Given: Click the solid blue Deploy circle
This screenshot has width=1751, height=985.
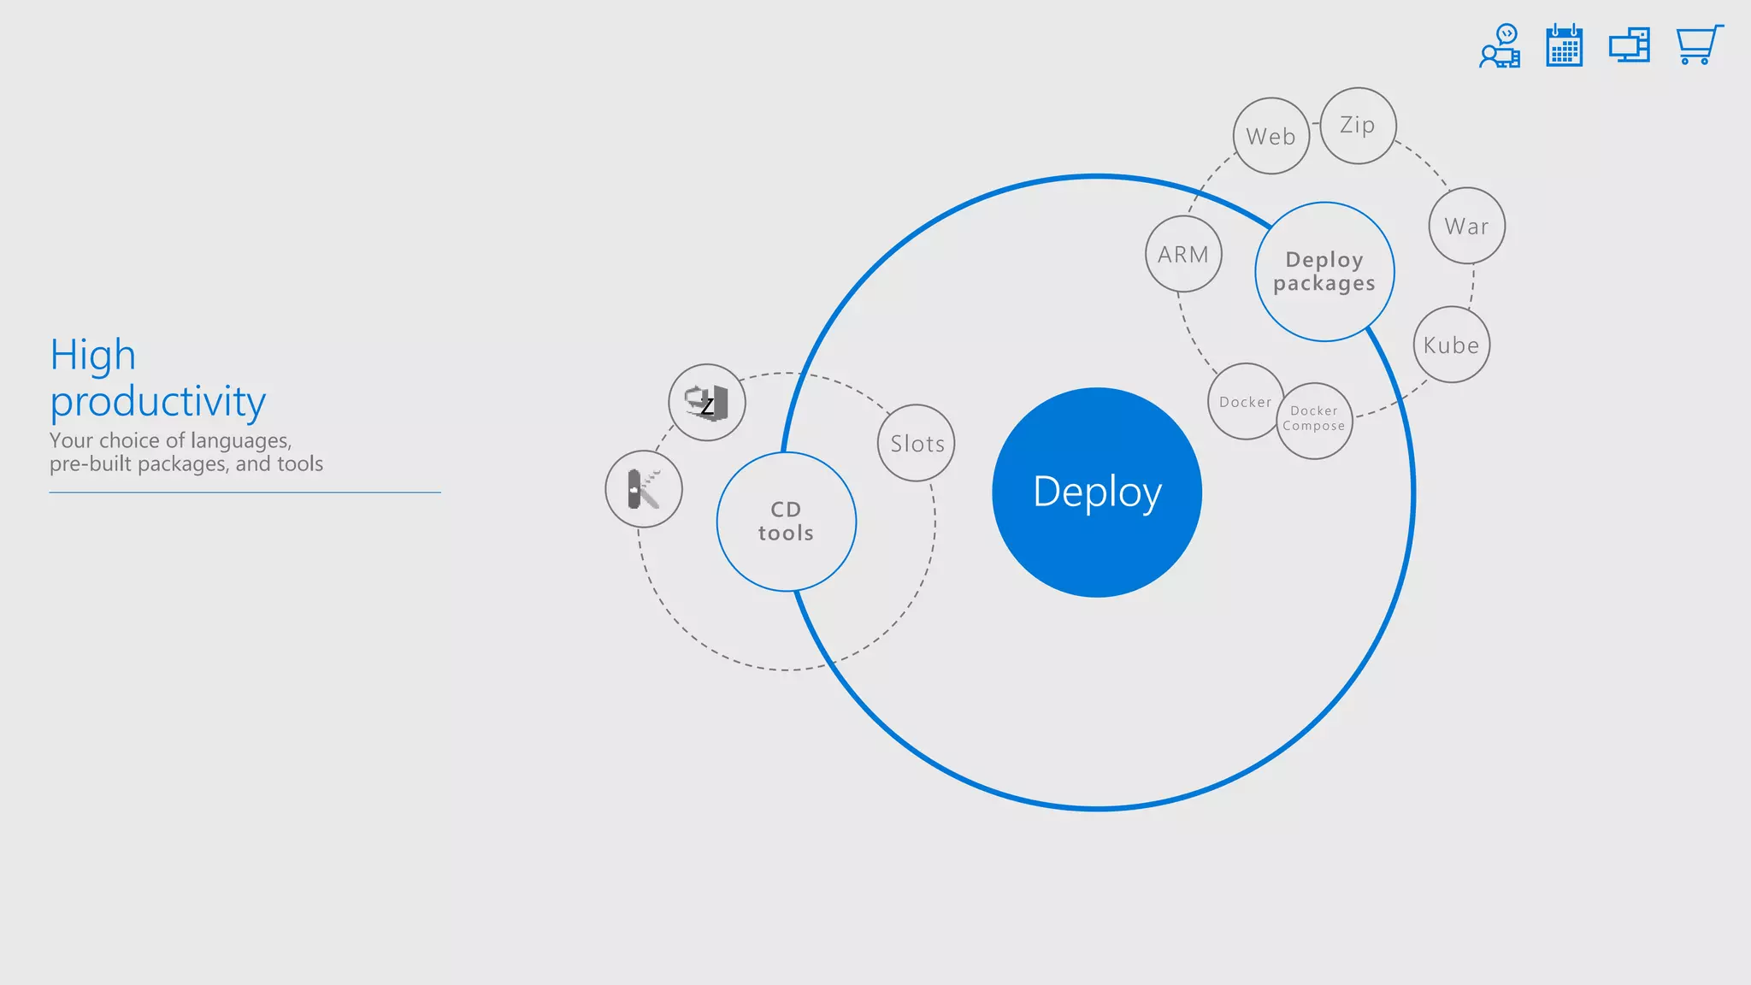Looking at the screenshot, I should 1097,492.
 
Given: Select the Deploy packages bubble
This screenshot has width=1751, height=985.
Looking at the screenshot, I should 1324,272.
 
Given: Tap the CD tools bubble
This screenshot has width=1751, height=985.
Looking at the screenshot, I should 786,522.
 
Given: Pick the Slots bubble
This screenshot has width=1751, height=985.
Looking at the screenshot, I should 917,443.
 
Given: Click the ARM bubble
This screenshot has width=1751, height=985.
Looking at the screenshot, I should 1183,254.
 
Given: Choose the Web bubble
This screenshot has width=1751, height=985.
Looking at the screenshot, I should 1271,136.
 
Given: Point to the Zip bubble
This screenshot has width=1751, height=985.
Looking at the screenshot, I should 1358,126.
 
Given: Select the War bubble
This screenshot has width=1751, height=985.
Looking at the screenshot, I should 1466,226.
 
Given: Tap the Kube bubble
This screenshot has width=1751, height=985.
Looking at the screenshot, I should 1451,345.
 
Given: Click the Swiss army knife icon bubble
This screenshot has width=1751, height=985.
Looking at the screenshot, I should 644,489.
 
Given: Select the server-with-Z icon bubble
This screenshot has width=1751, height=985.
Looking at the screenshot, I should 707,403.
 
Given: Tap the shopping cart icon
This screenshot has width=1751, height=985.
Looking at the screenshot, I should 1698,44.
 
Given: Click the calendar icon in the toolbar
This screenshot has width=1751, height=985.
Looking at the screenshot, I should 1564,45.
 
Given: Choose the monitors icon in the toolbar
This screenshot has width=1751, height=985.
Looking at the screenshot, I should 1630,45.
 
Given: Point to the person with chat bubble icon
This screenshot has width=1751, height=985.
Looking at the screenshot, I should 1500,46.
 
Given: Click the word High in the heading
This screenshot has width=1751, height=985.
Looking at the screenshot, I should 93,355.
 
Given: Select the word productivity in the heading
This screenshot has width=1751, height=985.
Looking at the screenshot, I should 158,401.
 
